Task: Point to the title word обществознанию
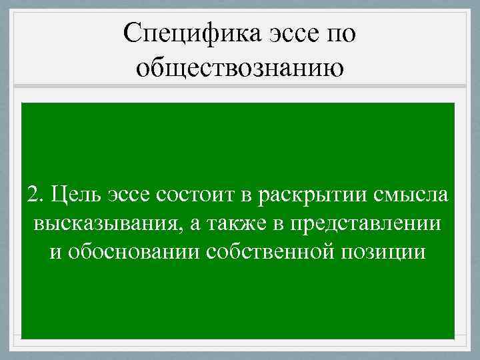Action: [241, 69]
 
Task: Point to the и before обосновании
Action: [55, 252]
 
